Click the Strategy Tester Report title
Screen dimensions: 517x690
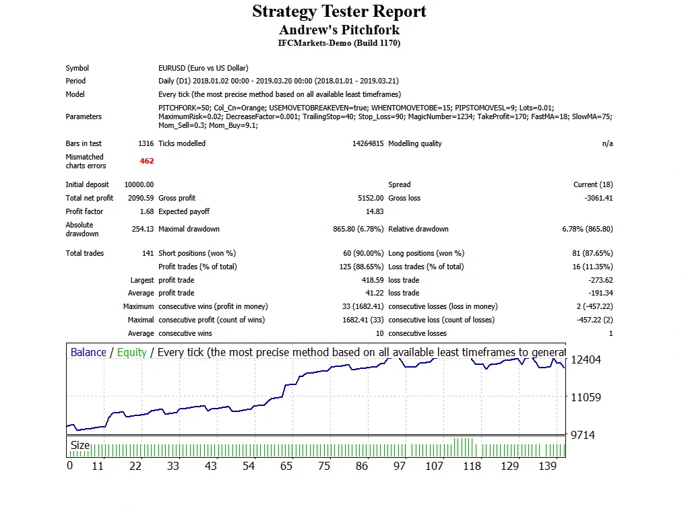tap(339, 11)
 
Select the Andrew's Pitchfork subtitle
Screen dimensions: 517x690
tap(339, 30)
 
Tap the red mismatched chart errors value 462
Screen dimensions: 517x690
tap(147, 161)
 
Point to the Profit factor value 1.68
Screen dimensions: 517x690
tap(147, 211)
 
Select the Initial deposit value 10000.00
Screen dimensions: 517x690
tap(139, 184)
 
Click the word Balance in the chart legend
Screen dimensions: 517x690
tap(88, 353)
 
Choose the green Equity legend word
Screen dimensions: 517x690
tap(131, 353)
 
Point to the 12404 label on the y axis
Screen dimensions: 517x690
tap(586, 359)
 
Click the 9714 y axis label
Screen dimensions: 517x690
tap(583, 435)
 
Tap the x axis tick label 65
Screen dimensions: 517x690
tap(287, 466)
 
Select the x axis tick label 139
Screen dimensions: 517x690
tap(547, 466)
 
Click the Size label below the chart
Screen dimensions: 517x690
tap(80, 445)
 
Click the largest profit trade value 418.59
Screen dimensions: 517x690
tap(372, 280)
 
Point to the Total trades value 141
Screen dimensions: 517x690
tap(147, 253)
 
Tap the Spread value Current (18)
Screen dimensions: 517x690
tap(593, 184)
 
